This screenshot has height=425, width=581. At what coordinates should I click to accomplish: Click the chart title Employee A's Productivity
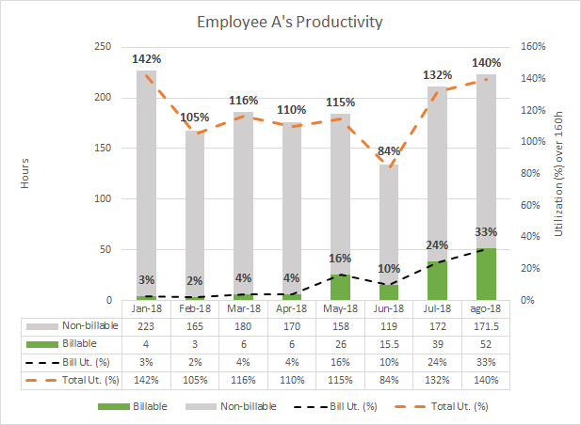(x=290, y=21)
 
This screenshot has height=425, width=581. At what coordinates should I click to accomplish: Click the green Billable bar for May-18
(x=341, y=287)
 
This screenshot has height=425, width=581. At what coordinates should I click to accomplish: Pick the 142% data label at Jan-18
(x=147, y=58)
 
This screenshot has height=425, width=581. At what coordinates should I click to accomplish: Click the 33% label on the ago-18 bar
(x=487, y=233)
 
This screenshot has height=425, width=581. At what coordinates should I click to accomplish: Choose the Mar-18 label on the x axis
(x=244, y=308)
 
